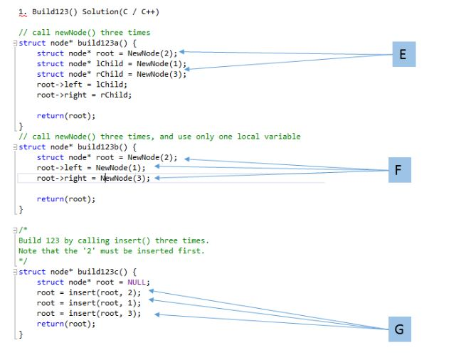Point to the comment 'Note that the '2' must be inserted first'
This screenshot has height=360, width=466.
click(x=111, y=250)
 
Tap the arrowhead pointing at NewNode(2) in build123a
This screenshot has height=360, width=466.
click(x=184, y=52)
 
